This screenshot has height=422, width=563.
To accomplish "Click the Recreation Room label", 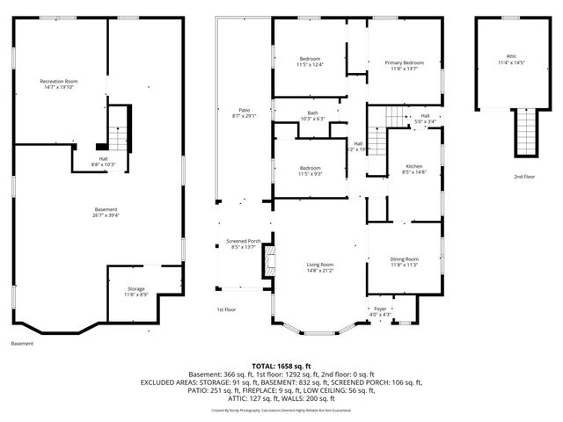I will pos(59,81).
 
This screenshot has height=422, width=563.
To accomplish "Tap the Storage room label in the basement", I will pos(135,287).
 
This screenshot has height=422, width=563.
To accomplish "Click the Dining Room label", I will pos(404,258).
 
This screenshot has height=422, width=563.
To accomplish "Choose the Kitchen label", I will pos(413,166).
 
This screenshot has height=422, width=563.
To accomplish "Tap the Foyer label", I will pos(380,309).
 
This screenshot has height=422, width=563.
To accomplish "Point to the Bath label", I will pos(313,113).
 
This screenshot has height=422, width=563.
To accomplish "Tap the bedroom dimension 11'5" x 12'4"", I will pos(311,65).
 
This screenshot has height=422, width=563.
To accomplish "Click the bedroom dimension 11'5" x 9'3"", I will pos(310,174).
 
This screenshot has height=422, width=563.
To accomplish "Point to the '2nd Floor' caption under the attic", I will pos(523,177).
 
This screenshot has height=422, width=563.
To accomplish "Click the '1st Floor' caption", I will pos(226,309).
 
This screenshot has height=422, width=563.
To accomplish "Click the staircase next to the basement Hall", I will pos(117,136).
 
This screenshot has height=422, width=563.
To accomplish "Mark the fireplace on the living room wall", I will pos(272,261).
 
